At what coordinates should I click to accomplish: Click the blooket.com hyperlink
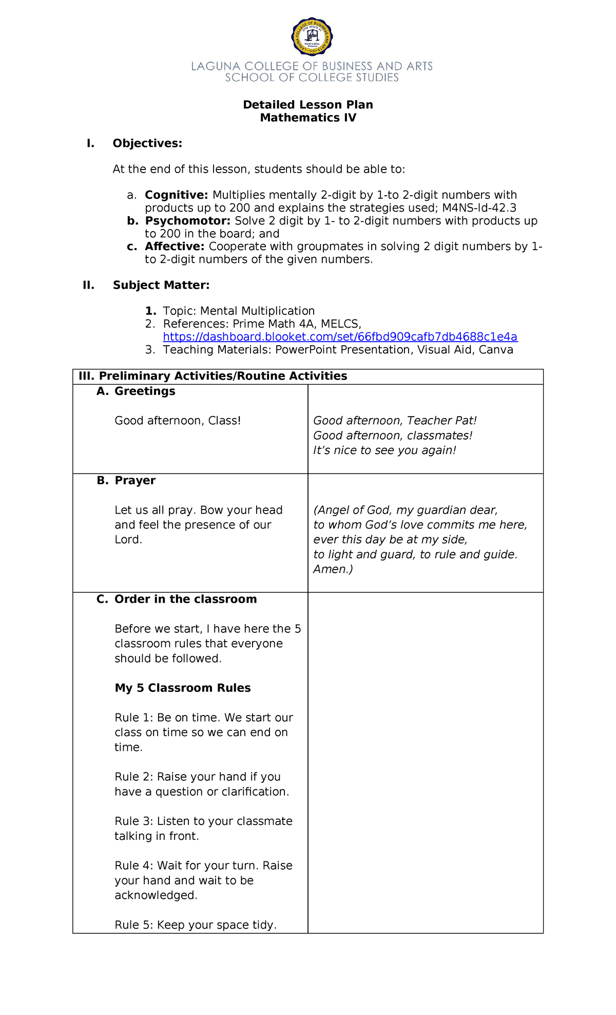click(340, 337)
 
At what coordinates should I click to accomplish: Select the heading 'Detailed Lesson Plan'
click(308, 105)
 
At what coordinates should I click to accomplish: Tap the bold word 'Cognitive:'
click(176, 195)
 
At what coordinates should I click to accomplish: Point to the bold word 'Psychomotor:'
click(188, 221)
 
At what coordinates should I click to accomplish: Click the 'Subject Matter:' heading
click(161, 285)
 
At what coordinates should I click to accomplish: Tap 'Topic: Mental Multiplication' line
click(239, 311)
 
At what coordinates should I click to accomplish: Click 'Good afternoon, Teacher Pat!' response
click(395, 421)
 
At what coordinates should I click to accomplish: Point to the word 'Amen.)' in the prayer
click(333, 569)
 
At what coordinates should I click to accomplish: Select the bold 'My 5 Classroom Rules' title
click(182, 688)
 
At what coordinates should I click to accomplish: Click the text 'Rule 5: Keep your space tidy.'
click(196, 925)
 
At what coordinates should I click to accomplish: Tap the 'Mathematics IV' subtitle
click(308, 118)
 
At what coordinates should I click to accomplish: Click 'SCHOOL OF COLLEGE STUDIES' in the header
click(312, 78)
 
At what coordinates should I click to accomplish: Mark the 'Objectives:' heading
click(147, 143)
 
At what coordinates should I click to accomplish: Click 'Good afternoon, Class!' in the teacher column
click(178, 421)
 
